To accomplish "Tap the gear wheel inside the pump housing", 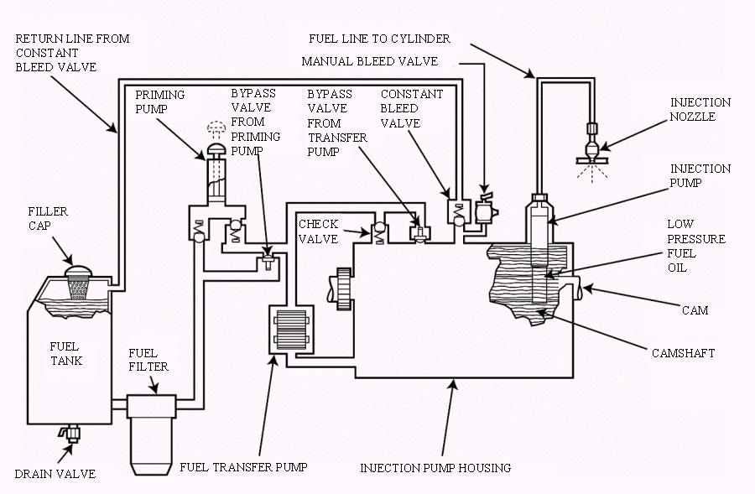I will pyautogui.click(x=342, y=289).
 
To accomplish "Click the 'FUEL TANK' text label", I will pyautogui.click(x=64, y=354).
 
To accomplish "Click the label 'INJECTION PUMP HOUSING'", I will pyautogui.click(x=435, y=468).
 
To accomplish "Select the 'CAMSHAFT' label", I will pyautogui.click(x=683, y=353).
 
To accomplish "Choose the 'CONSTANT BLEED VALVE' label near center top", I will pyautogui.click(x=411, y=108).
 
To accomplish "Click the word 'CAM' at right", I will pyautogui.click(x=695, y=310).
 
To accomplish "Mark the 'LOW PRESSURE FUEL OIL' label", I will pyautogui.click(x=696, y=246).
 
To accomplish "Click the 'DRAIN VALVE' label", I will pyautogui.click(x=55, y=474).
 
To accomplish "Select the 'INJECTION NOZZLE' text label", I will pyautogui.click(x=700, y=110).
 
